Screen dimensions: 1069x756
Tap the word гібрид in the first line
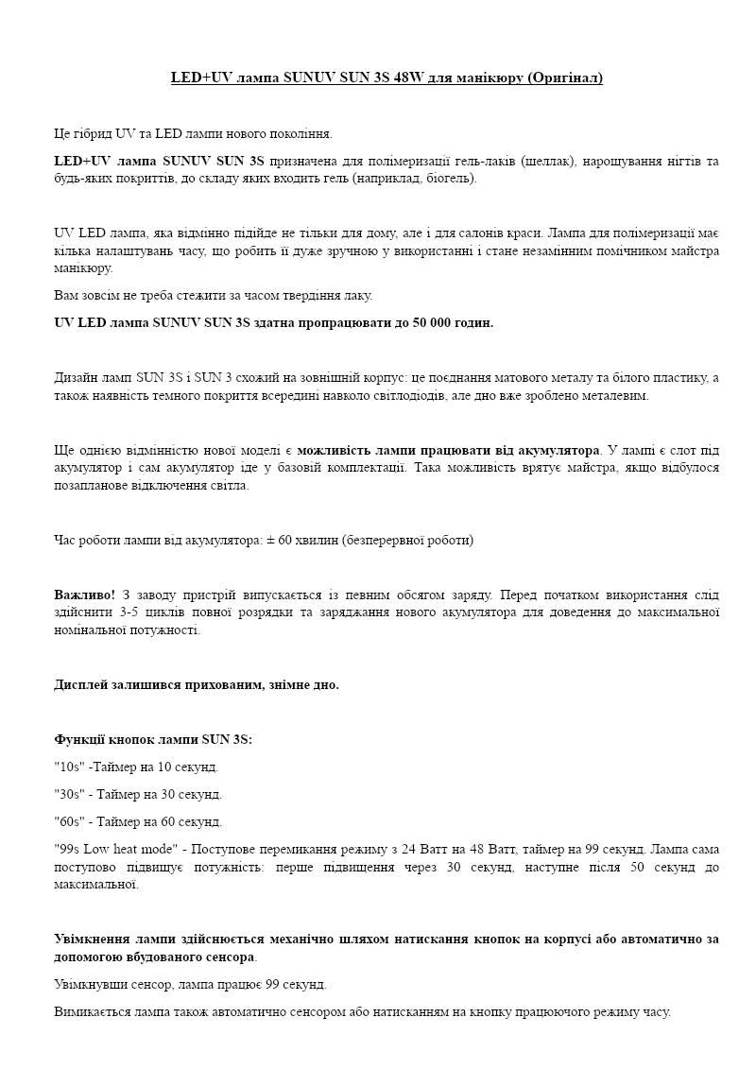coord(97,133)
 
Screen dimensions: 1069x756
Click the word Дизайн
coord(75,378)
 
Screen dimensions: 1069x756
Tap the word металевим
coord(614,395)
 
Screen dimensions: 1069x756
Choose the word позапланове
coord(90,485)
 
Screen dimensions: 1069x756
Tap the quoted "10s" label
coord(68,767)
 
